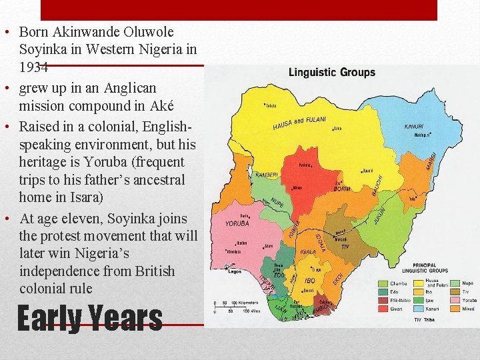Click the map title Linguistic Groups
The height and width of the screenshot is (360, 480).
[331, 72]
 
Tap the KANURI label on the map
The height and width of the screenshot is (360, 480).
[419, 127]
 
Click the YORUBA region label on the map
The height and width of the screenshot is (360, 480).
[237, 224]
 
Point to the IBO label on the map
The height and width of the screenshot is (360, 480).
[309, 281]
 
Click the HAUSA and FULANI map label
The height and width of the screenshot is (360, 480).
[299, 123]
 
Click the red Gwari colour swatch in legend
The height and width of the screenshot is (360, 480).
[383, 309]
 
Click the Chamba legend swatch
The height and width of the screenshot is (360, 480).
[383, 283]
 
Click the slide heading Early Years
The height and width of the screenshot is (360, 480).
[89, 318]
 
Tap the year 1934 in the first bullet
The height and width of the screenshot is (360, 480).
[33, 67]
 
